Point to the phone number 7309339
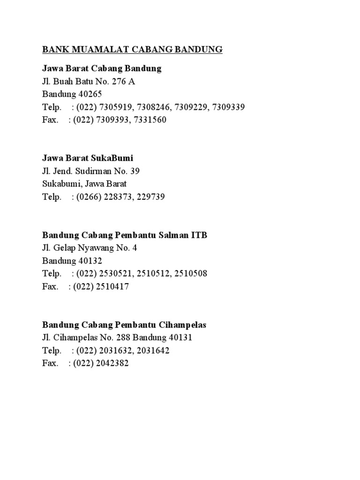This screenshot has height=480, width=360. click(228, 107)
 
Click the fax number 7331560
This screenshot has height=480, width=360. click(150, 120)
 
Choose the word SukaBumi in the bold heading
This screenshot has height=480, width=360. click(115, 158)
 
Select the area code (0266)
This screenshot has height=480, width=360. click(85, 197)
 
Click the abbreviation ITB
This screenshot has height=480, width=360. click(198, 235)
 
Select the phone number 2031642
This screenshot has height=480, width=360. click(153, 350)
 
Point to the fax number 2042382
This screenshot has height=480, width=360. click(112, 363)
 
